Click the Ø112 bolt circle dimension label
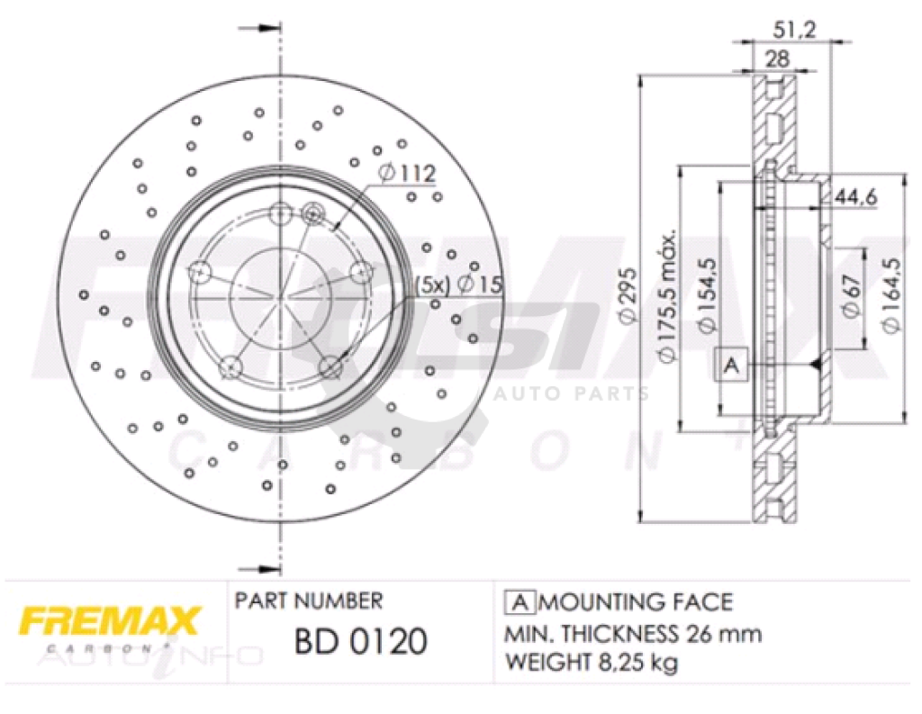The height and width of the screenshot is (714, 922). [x=407, y=173]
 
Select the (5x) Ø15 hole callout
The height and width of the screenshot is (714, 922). [x=456, y=285]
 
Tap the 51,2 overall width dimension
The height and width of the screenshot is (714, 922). [x=793, y=30]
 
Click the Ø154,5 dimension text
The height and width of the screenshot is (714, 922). [x=709, y=296]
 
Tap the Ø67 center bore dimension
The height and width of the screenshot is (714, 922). [x=852, y=296]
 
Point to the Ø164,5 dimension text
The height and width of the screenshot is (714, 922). [x=891, y=296]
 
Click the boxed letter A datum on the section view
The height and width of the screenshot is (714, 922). [x=731, y=365]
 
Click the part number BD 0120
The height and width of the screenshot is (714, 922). [x=360, y=641]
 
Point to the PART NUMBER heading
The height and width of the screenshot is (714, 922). [x=308, y=601]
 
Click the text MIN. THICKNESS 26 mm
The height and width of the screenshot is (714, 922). [x=632, y=633]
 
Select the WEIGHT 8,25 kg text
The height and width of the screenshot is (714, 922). [x=591, y=664]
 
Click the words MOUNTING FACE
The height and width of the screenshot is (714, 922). [x=636, y=601]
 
